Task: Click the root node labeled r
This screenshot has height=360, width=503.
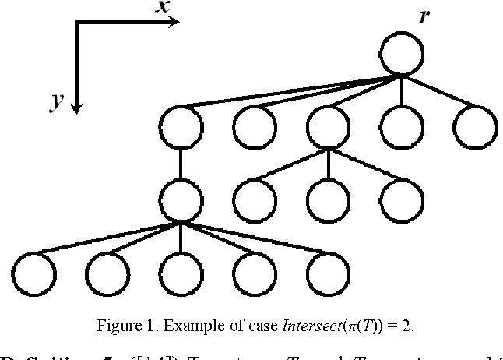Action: point(402,54)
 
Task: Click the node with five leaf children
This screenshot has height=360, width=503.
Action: point(180,200)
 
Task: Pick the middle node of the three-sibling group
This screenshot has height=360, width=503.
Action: point(328,200)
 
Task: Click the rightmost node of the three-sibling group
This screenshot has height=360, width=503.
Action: point(402,200)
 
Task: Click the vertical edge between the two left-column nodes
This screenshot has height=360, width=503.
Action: point(180,164)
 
